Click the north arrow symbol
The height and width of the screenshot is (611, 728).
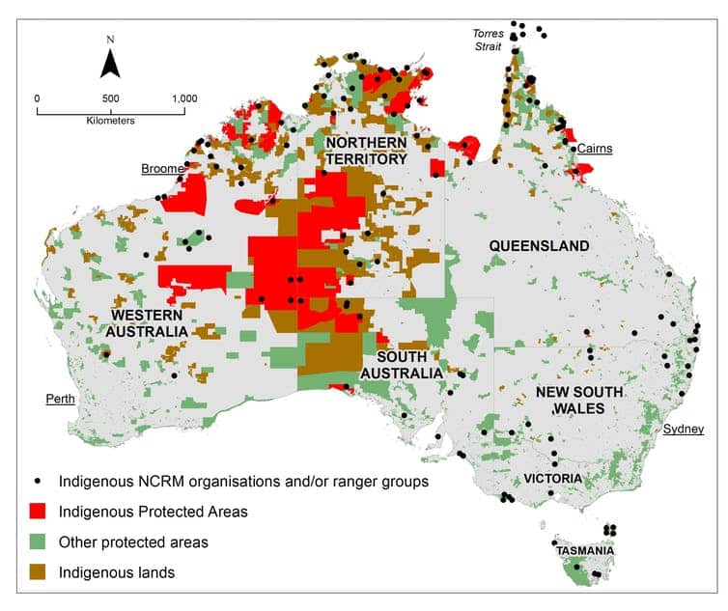(x=111, y=64)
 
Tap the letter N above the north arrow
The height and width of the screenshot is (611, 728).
(x=111, y=40)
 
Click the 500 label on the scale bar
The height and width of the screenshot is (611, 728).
(x=111, y=97)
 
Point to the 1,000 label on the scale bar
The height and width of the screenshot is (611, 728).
(x=183, y=97)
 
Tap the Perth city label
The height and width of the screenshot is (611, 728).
(x=61, y=398)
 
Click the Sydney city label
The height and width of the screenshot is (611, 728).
(x=684, y=429)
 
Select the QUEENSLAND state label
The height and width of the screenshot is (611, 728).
(x=539, y=246)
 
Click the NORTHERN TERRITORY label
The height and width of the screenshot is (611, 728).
(x=366, y=151)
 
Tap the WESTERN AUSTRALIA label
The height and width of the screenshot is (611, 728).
(x=150, y=323)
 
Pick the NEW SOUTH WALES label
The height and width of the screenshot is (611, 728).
(x=571, y=402)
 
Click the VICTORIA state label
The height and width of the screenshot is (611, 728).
(x=552, y=478)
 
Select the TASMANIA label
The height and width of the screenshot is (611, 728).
(x=586, y=551)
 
